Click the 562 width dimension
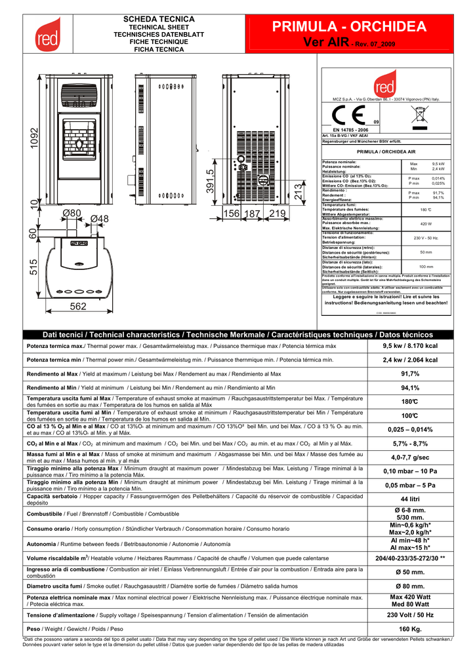pos(78,307)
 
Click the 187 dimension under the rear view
pos(253,214)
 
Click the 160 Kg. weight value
pos(410,629)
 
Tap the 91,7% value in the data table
pos(410,374)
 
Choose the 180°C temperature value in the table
pos(410,401)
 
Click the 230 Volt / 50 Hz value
pos(410,615)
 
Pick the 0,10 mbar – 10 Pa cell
pos(410,471)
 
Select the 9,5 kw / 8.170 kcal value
pos(410,346)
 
